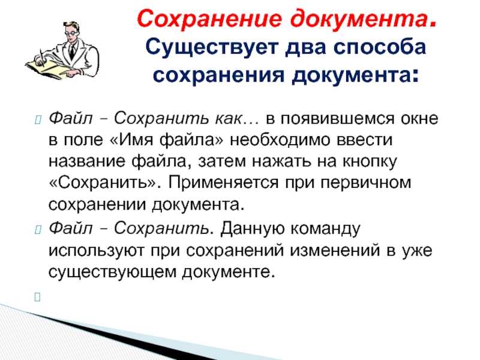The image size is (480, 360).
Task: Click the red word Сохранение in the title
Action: (209, 19)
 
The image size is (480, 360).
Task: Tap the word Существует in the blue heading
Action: (212, 48)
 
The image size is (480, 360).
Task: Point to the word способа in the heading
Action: (380, 48)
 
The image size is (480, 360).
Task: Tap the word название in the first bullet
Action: (86, 161)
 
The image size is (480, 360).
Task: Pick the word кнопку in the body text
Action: (369, 161)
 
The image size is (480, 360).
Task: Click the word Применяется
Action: (223, 183)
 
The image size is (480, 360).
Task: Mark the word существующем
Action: (112, 272)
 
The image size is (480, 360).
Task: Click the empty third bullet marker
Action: (37, 296)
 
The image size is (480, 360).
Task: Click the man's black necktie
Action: (72, 51)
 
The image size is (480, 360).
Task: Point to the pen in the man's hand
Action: (42, 58)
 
